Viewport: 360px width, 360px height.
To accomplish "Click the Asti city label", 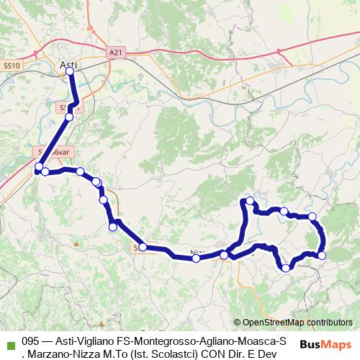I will click(69, 64).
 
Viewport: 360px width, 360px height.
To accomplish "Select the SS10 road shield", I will click(12, 66).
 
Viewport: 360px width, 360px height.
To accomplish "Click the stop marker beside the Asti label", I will click(70, 72).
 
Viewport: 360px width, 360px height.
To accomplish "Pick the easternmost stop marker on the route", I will click(322, 255).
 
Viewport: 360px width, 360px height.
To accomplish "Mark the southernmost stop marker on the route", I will click(286, 268).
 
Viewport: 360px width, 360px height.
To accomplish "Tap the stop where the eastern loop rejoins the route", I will click(224, 255).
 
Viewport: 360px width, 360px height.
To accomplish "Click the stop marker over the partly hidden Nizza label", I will click(197, 258).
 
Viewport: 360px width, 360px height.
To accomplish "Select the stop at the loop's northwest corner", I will click(250, 201).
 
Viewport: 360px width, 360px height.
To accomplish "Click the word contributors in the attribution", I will click(328, 323).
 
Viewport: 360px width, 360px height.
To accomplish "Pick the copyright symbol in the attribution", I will click(237, 323).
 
